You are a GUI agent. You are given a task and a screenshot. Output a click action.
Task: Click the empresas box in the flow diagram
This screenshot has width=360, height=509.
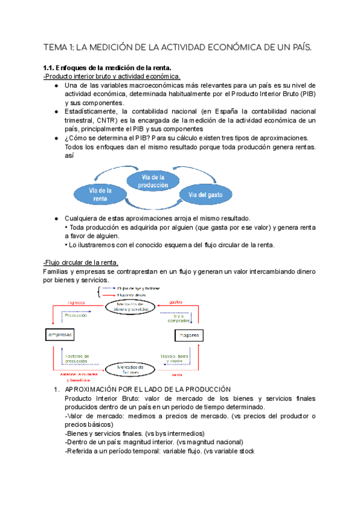tap(59, 334)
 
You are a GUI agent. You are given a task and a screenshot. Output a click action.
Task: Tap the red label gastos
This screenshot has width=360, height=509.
tap(176, 301)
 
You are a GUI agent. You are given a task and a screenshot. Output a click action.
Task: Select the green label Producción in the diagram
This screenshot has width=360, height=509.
tap(77, 315)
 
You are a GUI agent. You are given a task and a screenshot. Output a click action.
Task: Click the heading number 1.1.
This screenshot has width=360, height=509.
tap(50, 68)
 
